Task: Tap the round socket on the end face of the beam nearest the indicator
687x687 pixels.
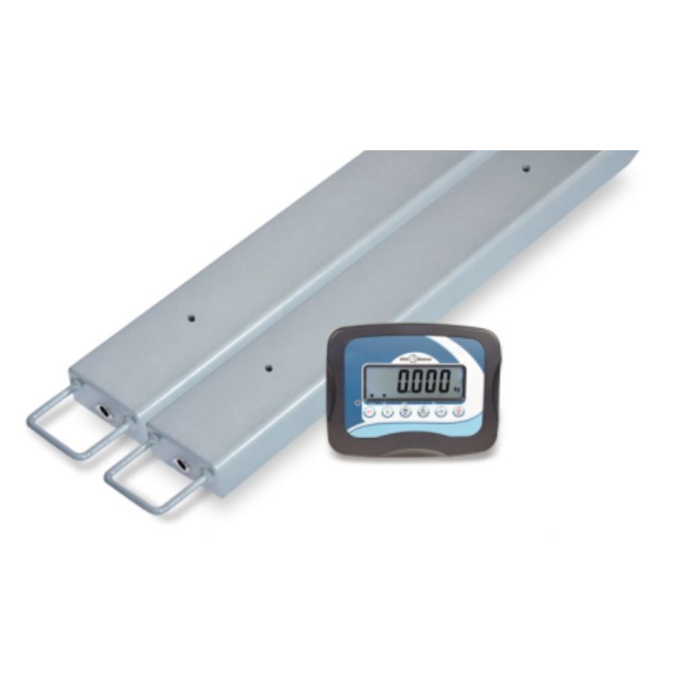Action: click(x=181, y=464)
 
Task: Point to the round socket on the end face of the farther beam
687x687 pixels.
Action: click(x=103, y=409)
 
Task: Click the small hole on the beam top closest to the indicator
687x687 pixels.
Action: click(x=268, y=368)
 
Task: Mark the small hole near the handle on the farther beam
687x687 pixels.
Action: click(x=191, y=318)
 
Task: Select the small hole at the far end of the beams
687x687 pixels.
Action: click(x=526, y=168)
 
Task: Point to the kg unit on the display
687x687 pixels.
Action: click(x=456, y=389)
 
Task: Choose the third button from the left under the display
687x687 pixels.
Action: click(x=405, y=412)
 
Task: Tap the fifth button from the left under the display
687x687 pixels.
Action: click(x=441, y=412)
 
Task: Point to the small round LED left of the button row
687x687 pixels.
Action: click(x=357, y=404)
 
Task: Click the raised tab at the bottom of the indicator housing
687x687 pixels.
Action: click(x=410, y=453)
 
